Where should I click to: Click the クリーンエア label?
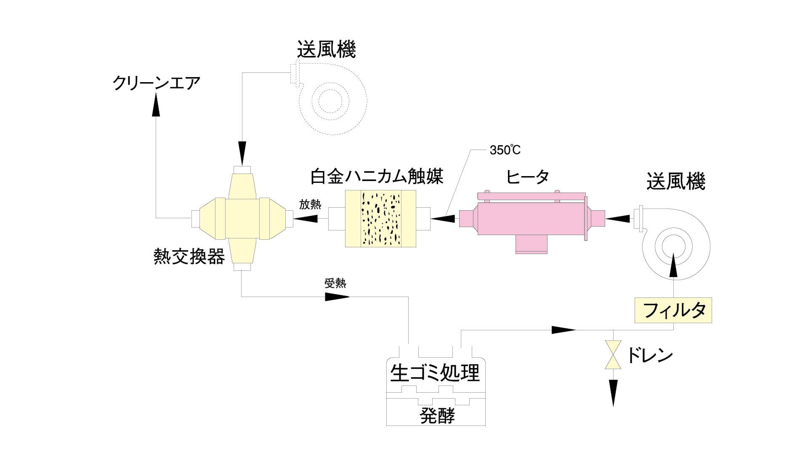coord(156,83)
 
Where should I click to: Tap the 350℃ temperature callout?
coord(505,150)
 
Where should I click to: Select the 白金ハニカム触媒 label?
coord(377,176)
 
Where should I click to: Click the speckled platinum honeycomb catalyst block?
coord(380,218)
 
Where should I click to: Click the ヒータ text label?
coord(528,177)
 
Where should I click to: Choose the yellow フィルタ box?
coord(673,310)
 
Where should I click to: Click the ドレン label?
coord(650,356)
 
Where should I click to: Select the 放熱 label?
coord(310,205)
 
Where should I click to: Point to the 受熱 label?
coord(335,283)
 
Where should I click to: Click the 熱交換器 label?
coord(189,256)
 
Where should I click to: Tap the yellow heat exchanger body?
coord(242,218)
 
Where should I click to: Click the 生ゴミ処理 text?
coord(435,373)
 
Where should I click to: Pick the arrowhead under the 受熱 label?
coord(338,297)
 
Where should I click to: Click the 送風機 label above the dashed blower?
coord(326,49)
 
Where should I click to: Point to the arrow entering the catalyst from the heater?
coord(444,218)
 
